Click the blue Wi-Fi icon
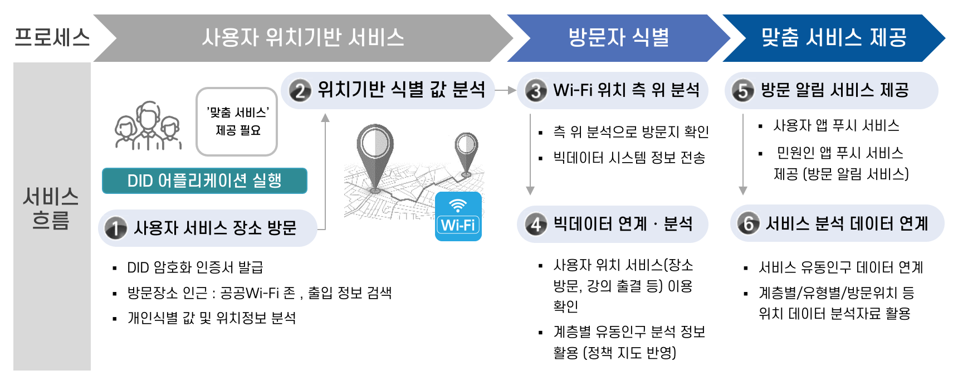[x=458, y=217]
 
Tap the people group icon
[x=148, y=125]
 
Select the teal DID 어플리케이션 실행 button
[x=204, y=181]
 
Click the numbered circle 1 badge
[x=115, y=228]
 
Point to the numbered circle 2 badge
[x=300, y=91]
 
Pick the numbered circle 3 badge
[x=536, y=91]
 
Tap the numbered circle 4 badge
[x=536, y=224]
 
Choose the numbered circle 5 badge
[x=743, y=91]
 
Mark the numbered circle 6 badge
[x=749, y=223]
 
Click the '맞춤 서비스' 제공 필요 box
[x=237, y=121]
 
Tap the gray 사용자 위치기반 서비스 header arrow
[x=303, y=38]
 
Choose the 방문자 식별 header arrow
[x=618, y=38]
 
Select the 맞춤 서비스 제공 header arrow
[x=833, y=38]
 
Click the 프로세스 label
[x=52, y=37]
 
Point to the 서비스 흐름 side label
[x=51, y=208]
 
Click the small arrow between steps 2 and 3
[x=505, y=90]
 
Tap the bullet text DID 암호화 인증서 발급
[x=195, y=267]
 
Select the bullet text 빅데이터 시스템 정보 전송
[x=629, y=158]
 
